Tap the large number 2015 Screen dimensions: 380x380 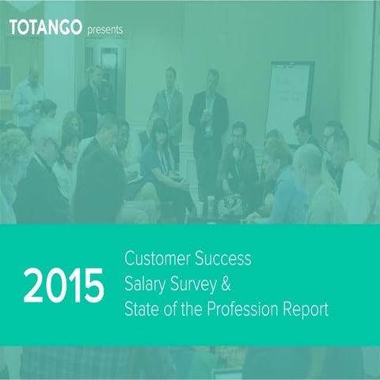click(x=63, y=285)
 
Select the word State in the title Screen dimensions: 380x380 click(x=142, y=308)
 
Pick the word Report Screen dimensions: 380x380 click(x=306, y=308)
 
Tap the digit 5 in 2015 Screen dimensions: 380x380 click(x=93, y=285)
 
